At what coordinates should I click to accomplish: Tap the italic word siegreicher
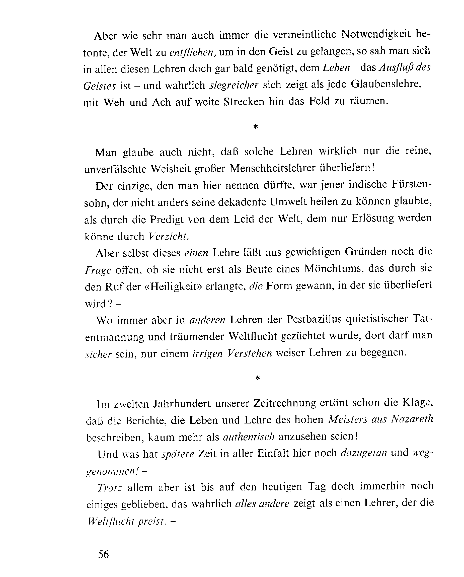[x=234, y=85]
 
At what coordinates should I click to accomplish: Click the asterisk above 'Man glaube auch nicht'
[x=256, y=127]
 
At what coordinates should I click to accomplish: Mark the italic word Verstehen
[x=249, y=353]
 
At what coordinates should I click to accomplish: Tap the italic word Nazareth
[x=412, y=419]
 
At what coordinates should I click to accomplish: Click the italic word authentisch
[x=249, y=437]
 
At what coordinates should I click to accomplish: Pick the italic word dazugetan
[x=364, y=453]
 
